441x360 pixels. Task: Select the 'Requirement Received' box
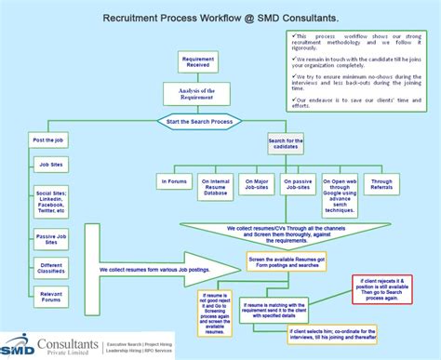point(197,62)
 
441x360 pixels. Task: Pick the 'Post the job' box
point(47,140)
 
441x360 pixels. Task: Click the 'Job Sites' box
point(51,164)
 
